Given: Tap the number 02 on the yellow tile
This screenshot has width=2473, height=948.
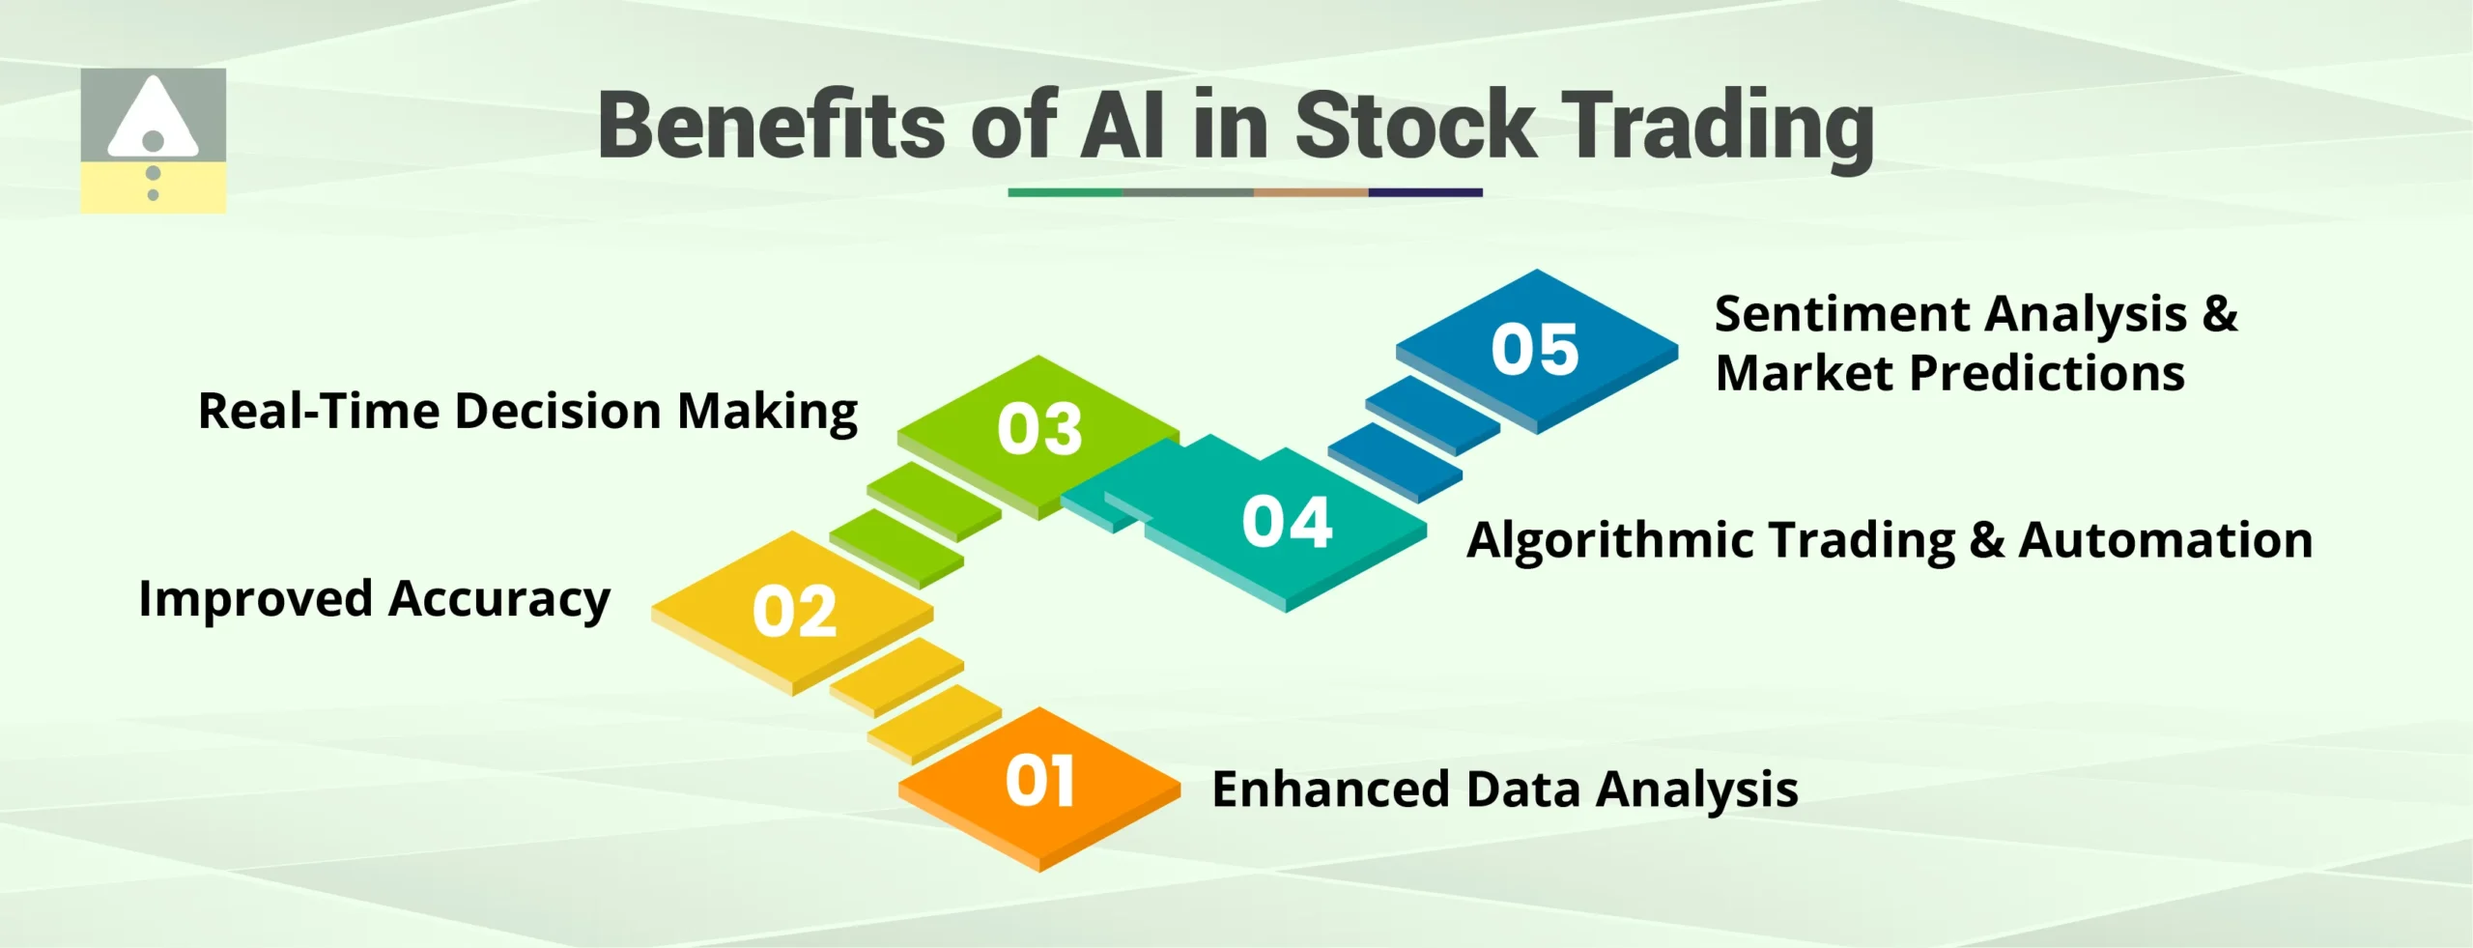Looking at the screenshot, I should pos(794,612).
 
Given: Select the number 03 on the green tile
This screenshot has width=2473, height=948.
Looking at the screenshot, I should pos(1039,429).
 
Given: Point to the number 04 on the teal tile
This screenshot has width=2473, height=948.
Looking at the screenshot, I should pos(1287,522).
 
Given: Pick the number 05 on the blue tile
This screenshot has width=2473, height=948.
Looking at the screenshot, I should pos(1534,349).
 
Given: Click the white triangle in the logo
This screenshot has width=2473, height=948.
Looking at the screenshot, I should pos(152,121).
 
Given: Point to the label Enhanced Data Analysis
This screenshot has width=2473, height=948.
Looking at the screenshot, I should pos(1504,790).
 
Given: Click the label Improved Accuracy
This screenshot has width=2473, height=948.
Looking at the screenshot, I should pos(374,599).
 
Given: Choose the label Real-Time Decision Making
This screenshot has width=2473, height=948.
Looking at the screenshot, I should pos(527,412).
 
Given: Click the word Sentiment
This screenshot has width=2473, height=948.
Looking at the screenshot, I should pos(1841,315).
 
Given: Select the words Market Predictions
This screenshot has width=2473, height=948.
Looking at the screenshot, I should pos(1949,374).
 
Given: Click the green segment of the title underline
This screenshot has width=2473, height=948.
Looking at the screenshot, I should pos(1065,192).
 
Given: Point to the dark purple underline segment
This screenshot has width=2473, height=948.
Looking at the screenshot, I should pos(1425,192).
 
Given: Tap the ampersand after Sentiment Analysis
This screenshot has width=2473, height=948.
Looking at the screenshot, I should pos(2220,315).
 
